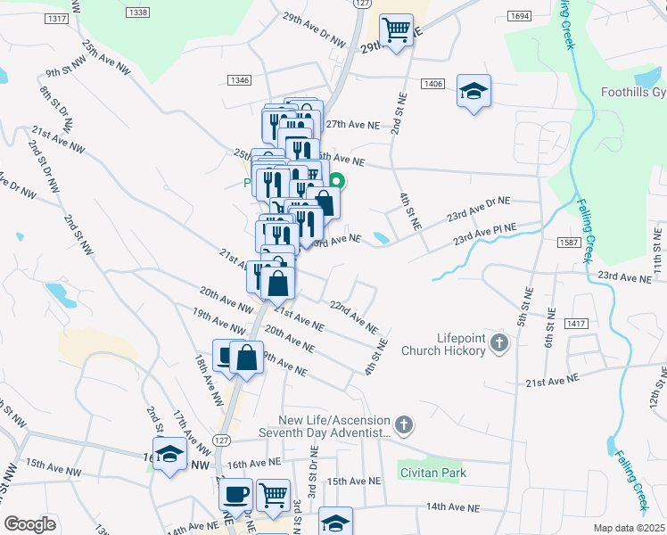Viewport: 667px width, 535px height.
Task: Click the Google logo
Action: [29, 524]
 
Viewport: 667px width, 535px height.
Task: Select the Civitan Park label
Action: [432, 473]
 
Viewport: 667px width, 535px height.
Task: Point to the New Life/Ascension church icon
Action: [404, 424]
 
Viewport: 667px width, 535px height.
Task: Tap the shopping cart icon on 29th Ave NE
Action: [396, 29]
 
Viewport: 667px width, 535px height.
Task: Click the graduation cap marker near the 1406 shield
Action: [474, 90]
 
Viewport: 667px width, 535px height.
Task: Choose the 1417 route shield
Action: [577, 324]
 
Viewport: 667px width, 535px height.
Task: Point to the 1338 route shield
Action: [138, 12]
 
